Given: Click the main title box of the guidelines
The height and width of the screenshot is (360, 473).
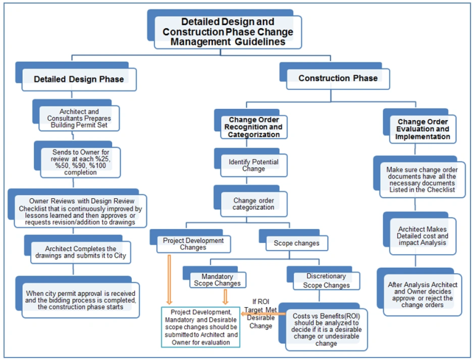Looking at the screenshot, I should click(228, 32).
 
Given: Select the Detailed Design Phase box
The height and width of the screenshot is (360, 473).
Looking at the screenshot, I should click(79, 79).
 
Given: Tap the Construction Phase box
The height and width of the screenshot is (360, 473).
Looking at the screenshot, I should click(338, 79).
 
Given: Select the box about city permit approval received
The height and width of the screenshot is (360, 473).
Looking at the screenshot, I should click(81, 298).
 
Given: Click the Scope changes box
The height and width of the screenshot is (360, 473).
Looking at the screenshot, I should click(296, 244).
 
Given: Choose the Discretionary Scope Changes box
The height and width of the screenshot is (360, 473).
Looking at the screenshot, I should click(320, 281).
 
